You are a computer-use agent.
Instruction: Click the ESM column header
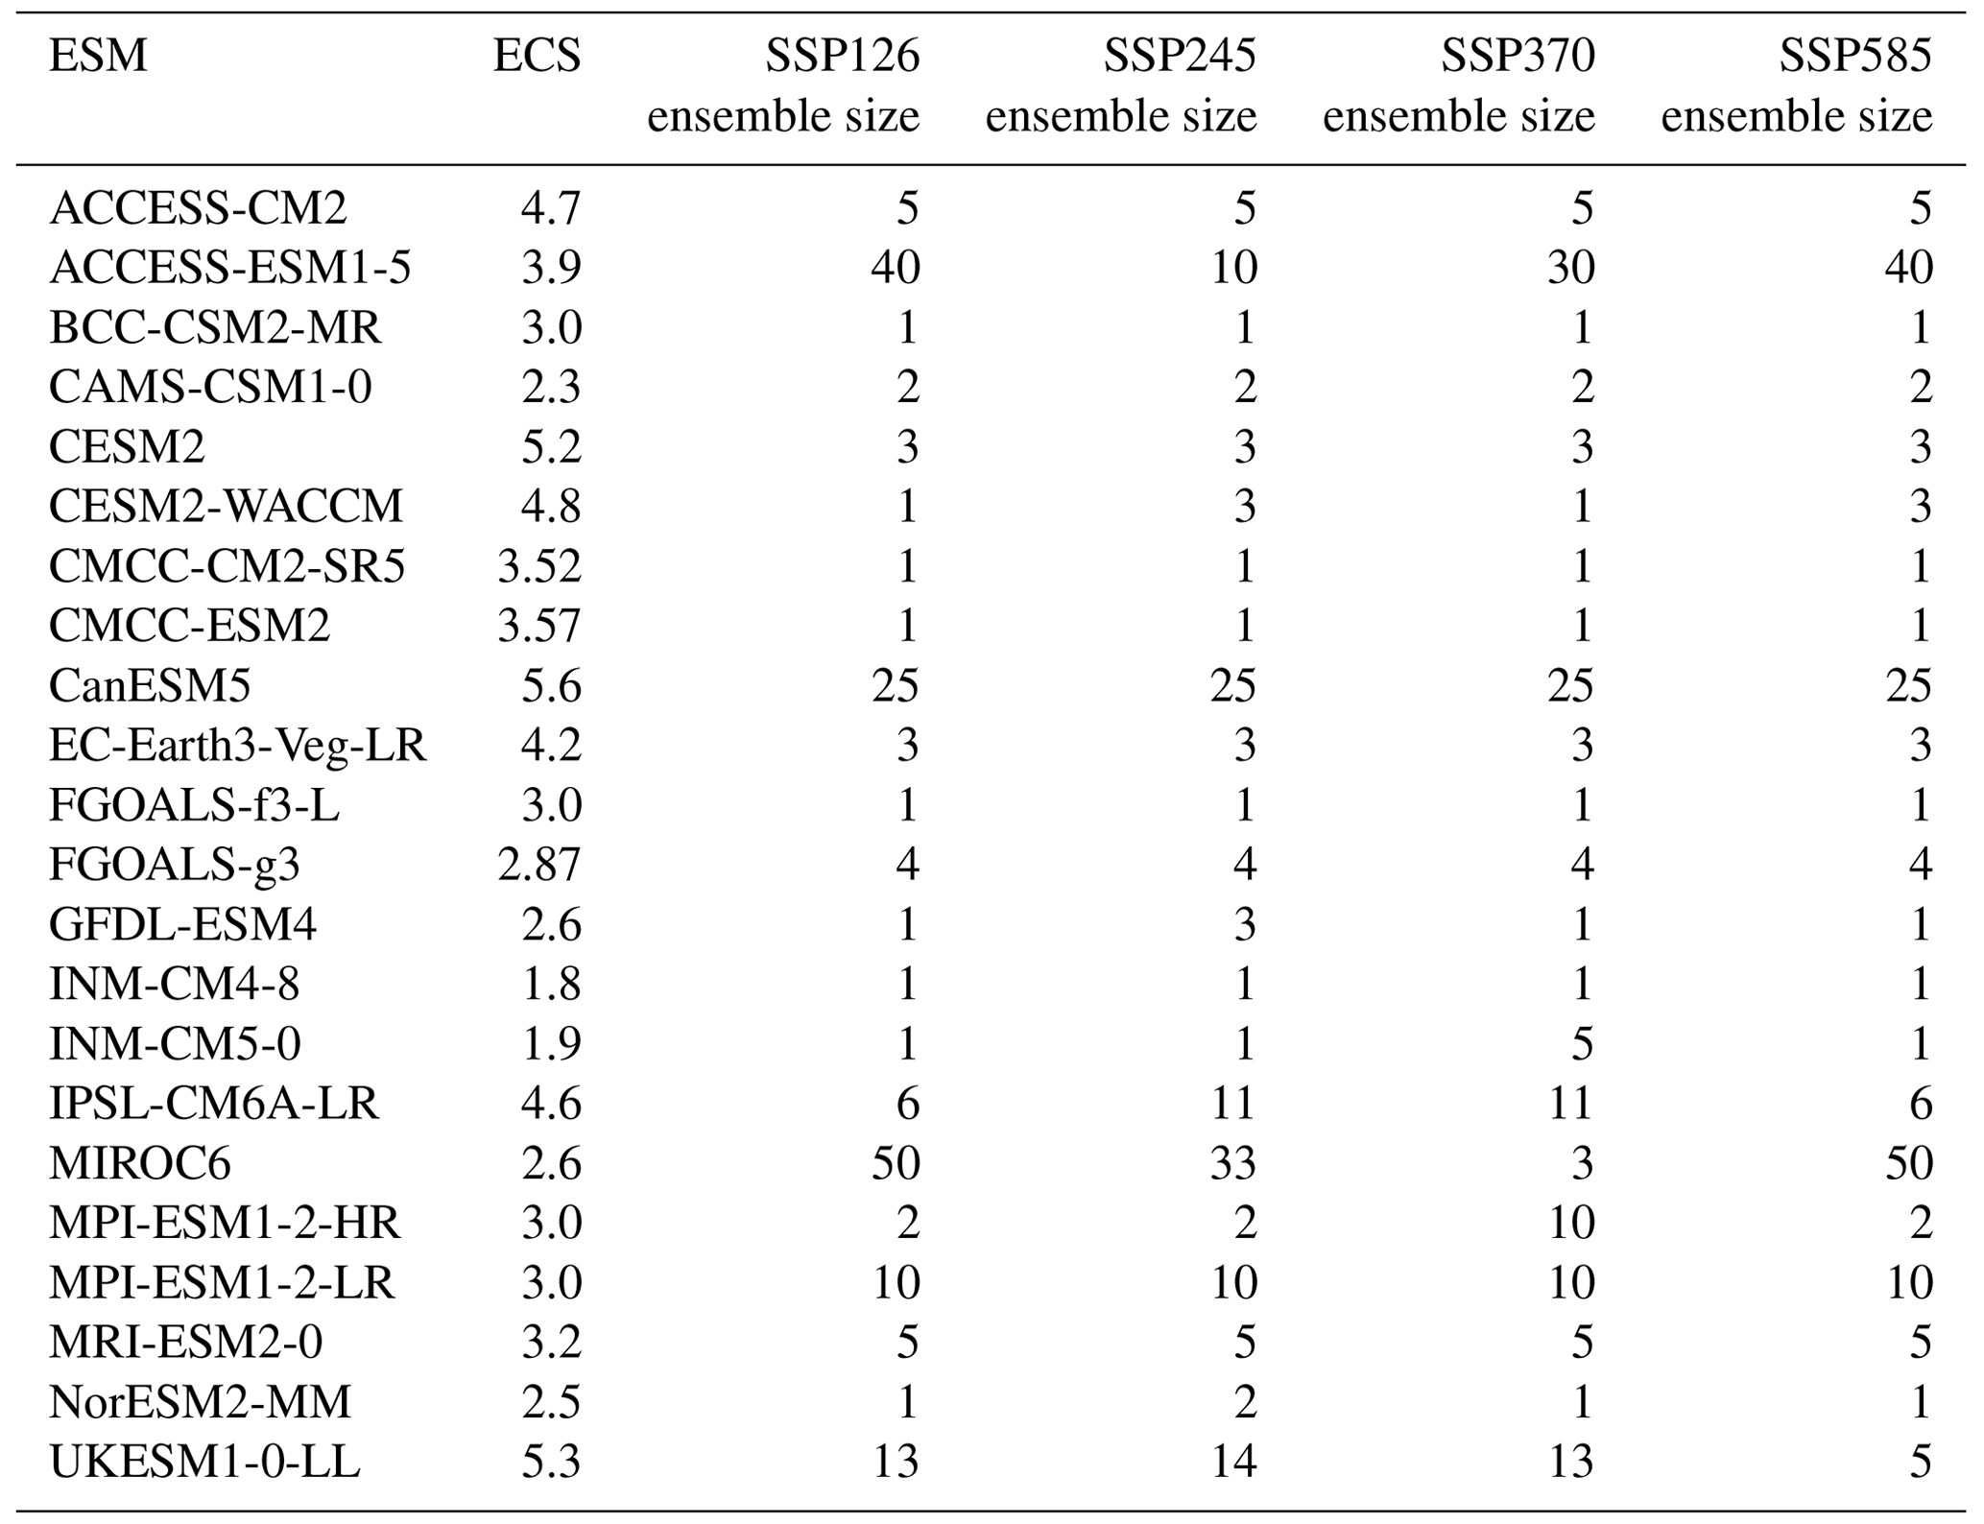(98, 56)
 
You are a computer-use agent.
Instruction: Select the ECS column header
(537, 56)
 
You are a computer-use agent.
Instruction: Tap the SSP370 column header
(1518, 56)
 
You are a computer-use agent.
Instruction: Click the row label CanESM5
(150, 685)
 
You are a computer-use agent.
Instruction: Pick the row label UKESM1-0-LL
(204, 1462)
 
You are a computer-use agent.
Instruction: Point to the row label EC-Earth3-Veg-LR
(237, 745)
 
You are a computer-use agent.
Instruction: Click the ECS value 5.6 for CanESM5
(551, 685)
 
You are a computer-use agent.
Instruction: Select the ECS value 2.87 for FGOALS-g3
(539, 865)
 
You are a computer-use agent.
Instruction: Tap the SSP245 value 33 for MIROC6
(1232, 1163)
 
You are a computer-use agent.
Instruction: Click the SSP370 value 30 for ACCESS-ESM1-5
(1570, 268)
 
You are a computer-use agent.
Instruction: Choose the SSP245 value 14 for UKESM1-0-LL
(1232, 1462)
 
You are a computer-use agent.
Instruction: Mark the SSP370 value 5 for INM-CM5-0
(1581, 1043)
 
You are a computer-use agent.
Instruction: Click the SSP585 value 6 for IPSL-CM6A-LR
(1920, 1104)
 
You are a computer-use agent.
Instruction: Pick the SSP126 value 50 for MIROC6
(895, 1163)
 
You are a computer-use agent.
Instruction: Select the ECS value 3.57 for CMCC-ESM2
(539, 626)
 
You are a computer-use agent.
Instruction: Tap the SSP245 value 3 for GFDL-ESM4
(1244, 924)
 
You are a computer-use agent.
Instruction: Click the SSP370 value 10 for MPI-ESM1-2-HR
(1570, 1223)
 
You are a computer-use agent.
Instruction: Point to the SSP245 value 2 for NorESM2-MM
(1244, 1402)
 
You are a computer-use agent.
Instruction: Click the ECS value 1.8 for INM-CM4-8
(551, 984)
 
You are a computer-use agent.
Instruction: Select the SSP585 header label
(1854, 56)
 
